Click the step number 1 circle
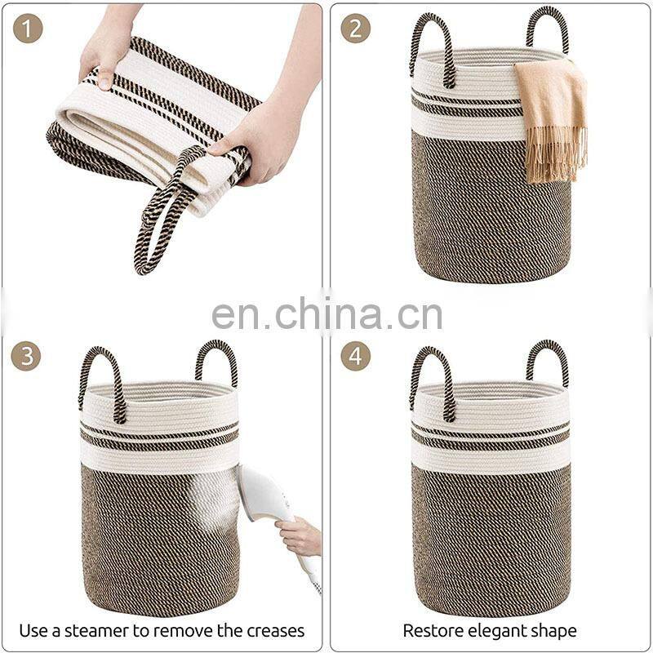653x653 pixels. (28, 29)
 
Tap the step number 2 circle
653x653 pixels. (355, 29)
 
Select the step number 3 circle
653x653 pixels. (26, 356)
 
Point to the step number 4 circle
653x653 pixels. (355, 356)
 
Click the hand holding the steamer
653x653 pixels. (299, 536)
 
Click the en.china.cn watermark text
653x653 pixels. (327, 314)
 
